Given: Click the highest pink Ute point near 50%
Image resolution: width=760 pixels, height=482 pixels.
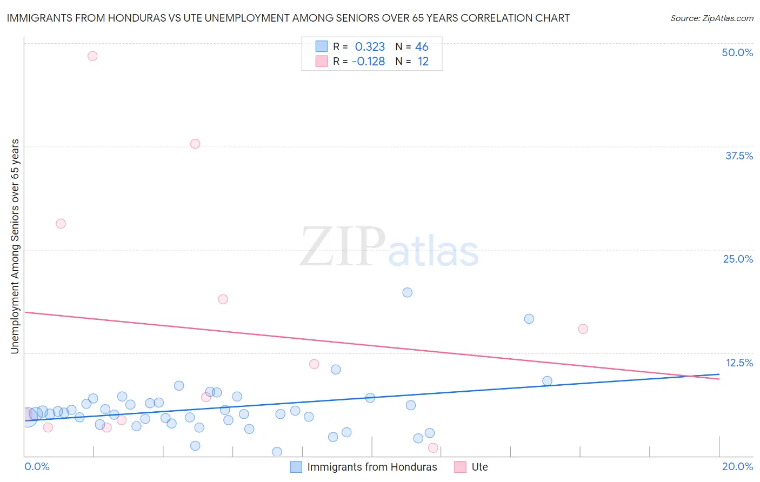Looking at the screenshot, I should click(92, 56).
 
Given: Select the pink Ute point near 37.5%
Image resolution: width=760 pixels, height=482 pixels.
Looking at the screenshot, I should click(195, 144).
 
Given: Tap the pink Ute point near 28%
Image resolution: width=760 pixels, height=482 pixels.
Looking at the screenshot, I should click(61, 224).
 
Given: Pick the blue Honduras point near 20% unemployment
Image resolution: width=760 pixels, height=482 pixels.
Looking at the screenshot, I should click(408, 292).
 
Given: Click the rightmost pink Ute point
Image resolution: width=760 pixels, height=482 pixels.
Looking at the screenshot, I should click(583, 329).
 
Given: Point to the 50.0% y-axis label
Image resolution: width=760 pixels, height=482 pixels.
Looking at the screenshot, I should click(737, 52).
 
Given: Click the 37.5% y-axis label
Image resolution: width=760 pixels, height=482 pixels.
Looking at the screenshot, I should click(739, 156).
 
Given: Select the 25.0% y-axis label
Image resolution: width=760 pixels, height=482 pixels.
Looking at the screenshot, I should click(738, 259).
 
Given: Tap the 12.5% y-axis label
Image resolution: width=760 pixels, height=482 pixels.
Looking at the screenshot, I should click(739, 363).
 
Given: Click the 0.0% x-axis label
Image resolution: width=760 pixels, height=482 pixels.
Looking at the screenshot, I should click(37, 466).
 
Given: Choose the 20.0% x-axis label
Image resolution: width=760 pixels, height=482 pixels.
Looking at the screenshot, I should click(737, 466).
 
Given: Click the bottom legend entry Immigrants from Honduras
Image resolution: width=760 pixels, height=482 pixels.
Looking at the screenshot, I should click(372, 467).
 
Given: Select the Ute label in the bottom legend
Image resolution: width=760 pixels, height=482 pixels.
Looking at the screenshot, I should click(479, 467).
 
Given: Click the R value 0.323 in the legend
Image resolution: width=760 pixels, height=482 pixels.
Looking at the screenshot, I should click(370, 47).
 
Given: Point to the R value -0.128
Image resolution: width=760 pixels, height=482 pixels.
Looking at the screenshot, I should click(368, 62).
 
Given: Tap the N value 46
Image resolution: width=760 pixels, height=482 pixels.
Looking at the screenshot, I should click(422, 47).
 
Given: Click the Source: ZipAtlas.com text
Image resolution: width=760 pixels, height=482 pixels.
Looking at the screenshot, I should click(711, 18).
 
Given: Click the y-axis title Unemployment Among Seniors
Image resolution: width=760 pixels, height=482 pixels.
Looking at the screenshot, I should click(15, 246).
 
